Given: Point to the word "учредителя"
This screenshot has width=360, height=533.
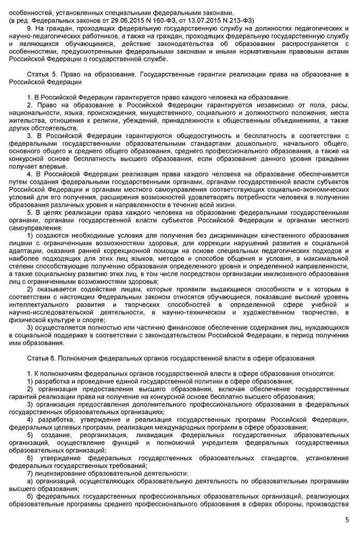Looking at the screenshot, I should tap(202, 442).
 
